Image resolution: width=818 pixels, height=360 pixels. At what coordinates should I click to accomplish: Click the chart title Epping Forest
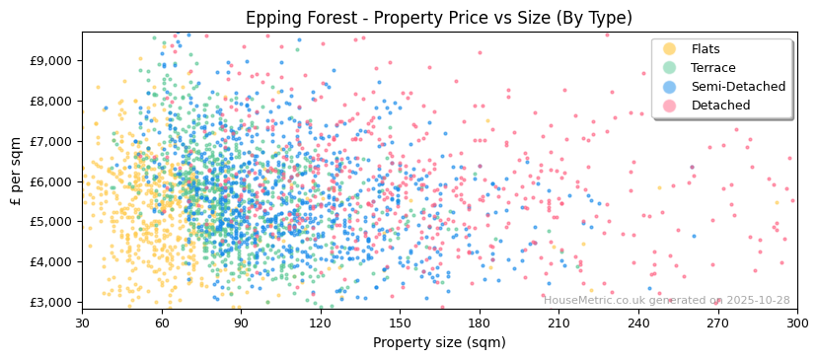pyautogui.click(x=439, y=18)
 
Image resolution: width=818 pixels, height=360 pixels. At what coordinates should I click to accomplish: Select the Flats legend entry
pyautogui.click(x=706, y=49)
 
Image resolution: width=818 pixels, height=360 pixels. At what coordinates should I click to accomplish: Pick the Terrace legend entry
pyautogui.click(x=710, y=68)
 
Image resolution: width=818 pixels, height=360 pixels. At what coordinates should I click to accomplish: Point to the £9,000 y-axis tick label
pyautogui.click(x=51, y=60)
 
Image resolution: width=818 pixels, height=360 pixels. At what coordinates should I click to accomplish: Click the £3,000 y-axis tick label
pyautogui.click(x=51, y=302)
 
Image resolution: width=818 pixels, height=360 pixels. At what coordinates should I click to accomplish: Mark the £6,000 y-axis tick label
pyautogui.click(x=51, y=181)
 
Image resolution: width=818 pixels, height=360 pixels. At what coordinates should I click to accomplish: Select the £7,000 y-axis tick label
pyautogui.click(x=51, y=141)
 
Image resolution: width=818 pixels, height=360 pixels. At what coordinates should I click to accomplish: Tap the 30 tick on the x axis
pyautogui.click(x=82, y=323)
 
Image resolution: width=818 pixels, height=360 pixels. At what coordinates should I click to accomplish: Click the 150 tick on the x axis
pyautogui.click(x=400, y=323)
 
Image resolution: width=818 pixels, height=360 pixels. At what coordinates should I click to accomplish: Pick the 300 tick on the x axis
pyautogui.click(x=796, y=323)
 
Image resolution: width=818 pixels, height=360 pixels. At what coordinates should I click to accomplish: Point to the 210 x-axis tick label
pyautogui.click(x=558, y=323)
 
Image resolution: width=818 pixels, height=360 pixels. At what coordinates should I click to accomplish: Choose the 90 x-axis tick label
pyautogui.click(x=241, y=323)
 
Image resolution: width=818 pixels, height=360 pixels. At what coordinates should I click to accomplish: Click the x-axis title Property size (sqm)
pyautogui.click(x=439, y=342)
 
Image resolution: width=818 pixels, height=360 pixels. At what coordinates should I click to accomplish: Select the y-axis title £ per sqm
pyautogui.click(x=16, y=172)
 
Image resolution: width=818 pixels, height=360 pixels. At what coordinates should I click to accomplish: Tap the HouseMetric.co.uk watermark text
pyautogui.click(x=667, y=301)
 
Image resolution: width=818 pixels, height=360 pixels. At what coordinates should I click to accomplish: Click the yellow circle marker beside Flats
pyautogui.click(x=670, y=49)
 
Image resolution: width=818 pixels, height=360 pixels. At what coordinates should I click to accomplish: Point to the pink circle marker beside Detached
pyautogui.click(x=670, y=106)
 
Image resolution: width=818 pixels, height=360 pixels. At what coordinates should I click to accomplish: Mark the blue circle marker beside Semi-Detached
pyautogui.click(x=670, y=87)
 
